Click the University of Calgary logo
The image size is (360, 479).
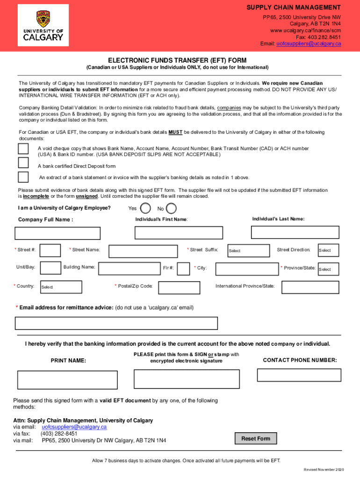point(43,26)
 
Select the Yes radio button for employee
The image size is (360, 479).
point(146,208)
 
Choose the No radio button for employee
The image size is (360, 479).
point(172,208)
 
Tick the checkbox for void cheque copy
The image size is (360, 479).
point(23,149)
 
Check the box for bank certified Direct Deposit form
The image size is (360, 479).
point(23,163)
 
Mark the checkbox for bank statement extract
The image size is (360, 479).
point(23,177)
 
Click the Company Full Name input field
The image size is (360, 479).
point(58,233)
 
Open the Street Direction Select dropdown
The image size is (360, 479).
point(327,250)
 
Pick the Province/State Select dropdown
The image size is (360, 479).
point(327,269)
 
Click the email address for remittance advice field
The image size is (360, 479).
point(116,323)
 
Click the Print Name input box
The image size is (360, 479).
point(67,380)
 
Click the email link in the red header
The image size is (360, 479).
point(309,44)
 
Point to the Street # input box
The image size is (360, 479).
point(50,251)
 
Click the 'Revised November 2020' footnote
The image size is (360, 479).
point(323,469)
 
